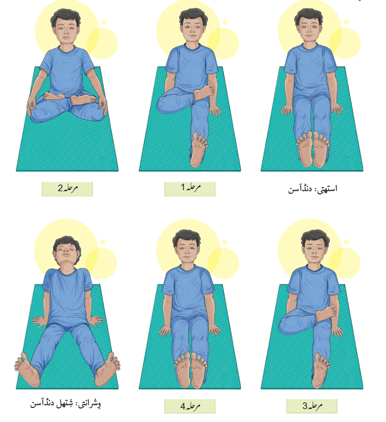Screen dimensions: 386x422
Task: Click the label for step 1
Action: pyautogui.click(x=190, y=189)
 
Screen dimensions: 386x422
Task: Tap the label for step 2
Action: pyautogui.click(x=67, y=189)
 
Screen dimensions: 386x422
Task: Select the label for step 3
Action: pyautogui.click(x=312, y=406)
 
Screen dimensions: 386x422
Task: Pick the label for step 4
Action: pyautogui.click(x=190, y=406)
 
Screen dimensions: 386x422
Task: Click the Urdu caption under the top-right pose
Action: pyautogui.click(x=313, y=189)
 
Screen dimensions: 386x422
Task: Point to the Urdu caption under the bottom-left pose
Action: pyautogui.click(x=66, y=404)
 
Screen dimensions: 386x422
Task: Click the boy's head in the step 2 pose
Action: pyautogui.click(x=66, y=28)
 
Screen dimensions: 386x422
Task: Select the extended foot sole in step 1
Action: pyautogui.click(x=198, y=150)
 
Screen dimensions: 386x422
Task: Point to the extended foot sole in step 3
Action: pyautogui.click(x=320, y=370)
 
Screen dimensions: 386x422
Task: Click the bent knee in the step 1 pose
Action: pyautogui.click(x=164, y=104)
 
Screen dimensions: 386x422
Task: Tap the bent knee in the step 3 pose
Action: pyautogui.click(x=286, y=326)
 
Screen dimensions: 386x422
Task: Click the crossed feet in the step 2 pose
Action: pyautogui.click(x=70, y=98)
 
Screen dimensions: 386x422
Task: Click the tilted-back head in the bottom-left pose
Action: pyautogui.click(x=66, y=253)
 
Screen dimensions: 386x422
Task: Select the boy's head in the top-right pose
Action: pyautogui.click(x=308, y=27)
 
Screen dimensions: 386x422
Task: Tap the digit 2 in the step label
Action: pyautogui.click(x=60, y=188)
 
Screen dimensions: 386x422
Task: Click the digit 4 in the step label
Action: pyautogui.click(x=183, y=406)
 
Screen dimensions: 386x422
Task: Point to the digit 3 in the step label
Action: pyautogui.click(x=305, y=406)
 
